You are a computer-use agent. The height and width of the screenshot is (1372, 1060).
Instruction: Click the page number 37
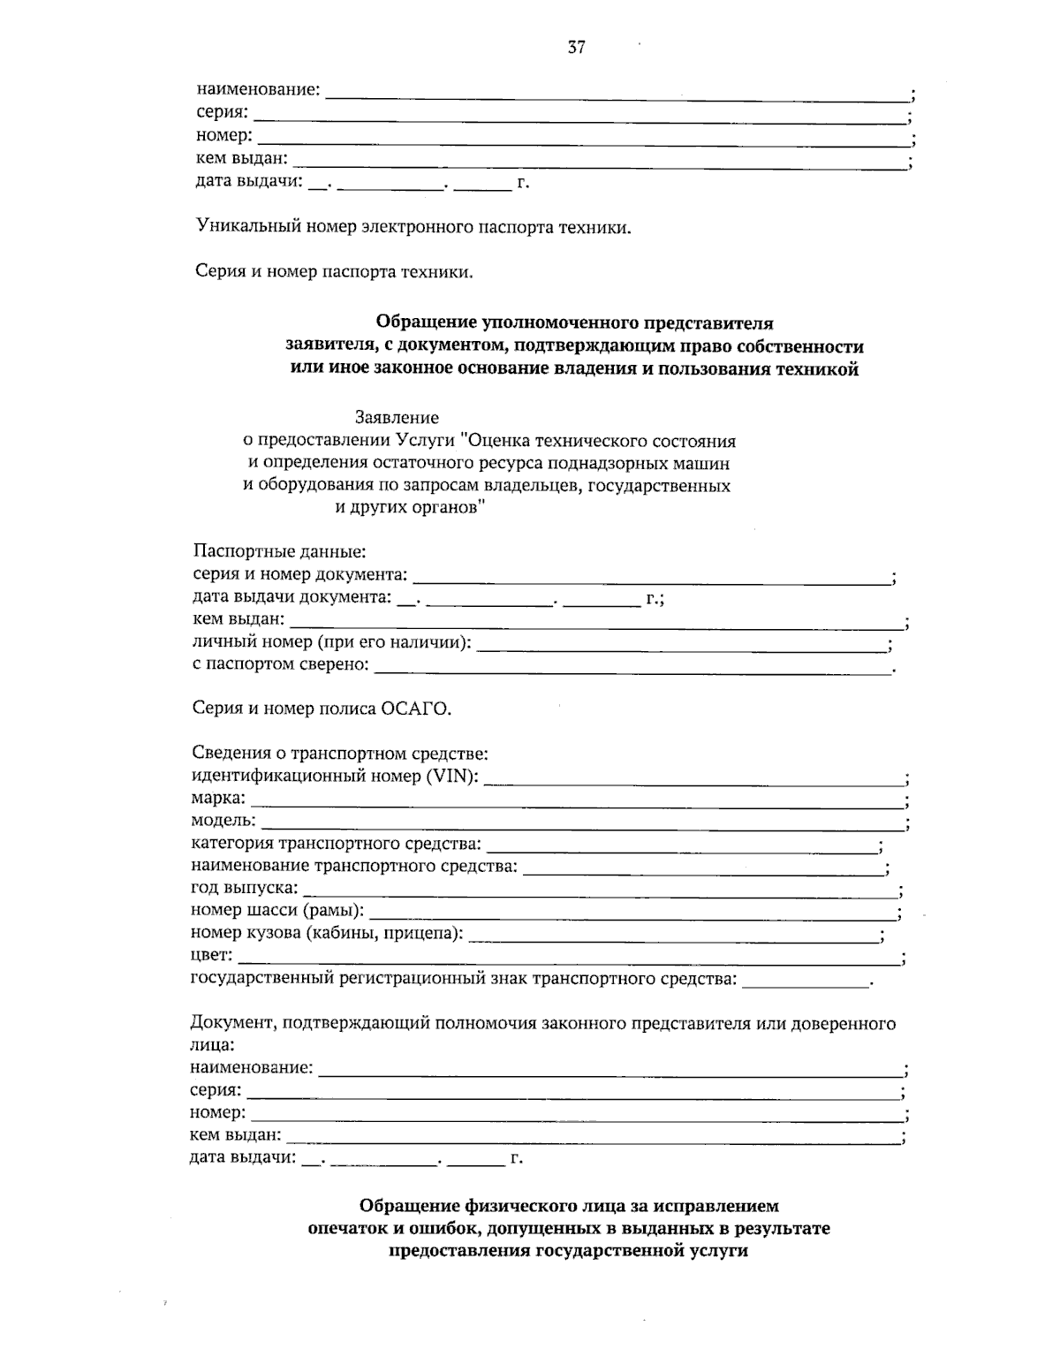pyautogui.click(x=576, y=48)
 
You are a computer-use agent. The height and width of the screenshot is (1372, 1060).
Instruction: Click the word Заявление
pyautogui.click(x=397, y=416)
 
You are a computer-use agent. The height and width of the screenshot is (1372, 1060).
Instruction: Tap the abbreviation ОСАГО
pyautogui.click(x=415, y=709)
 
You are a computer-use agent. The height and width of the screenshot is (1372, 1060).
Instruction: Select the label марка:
pyautogui.click(x=219, y=799)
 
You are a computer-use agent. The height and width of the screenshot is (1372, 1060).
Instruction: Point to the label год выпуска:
pyautogui.click(x=245, y=888)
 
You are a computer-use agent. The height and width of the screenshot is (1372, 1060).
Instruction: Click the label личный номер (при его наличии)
pyautogui.click(x=331, y=642)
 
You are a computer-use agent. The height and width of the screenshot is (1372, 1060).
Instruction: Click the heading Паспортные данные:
pyautogui.click(x=278, y=552)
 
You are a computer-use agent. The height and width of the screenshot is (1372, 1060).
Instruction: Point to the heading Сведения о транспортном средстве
pyautogui.click(x=340, y=754)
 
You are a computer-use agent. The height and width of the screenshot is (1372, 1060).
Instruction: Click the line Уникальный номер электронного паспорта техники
pyautogui.click(x=413, y=227)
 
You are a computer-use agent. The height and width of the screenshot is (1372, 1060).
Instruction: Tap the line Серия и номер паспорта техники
pyautogui.click(x=334, y=272)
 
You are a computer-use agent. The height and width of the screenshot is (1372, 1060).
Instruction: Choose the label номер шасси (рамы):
pyautogui.click(x=277, y=910)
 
